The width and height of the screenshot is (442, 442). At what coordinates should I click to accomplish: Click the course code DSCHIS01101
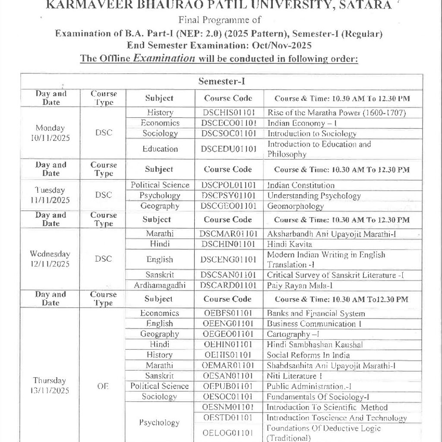[228, 113]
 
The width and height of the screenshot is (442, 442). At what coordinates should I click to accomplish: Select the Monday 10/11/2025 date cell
[51, 133]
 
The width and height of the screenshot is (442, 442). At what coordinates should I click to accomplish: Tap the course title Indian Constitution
[301, 185]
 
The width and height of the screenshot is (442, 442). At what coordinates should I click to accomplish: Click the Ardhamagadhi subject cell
[160, 285]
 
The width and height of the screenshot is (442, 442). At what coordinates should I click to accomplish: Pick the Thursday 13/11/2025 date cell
[51, 385]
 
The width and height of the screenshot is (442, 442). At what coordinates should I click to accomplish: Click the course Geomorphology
[296, 206]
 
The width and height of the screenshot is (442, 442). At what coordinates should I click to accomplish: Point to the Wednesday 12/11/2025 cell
[51, 259]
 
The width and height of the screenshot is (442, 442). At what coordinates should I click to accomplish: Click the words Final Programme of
[220, 19]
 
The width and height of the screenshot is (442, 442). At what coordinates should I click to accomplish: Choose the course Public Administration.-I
[309, 386]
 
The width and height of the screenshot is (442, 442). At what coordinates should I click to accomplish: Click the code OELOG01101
[228, 433]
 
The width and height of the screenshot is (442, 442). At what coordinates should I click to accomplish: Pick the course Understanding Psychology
[314, 196]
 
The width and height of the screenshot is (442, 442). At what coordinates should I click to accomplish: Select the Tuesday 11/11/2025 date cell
[51, 195]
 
